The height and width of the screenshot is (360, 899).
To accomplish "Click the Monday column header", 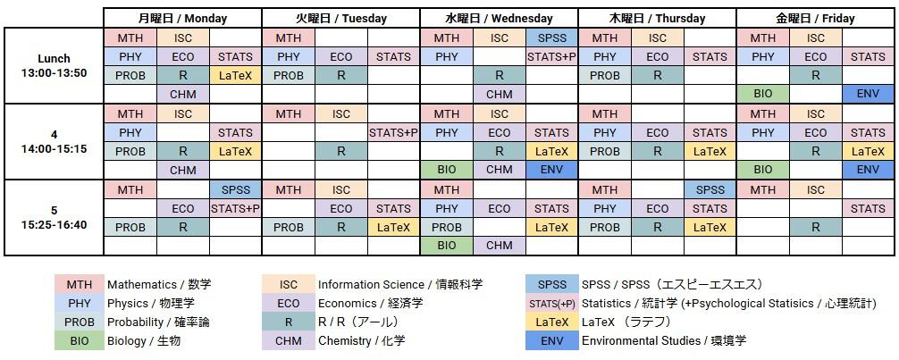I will pyautogui.click(x=182, y=18).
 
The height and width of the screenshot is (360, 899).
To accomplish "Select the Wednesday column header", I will pyautogui.click(x=499, y=18).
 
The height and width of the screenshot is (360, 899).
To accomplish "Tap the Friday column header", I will pyautogui.click(x=815, y=18).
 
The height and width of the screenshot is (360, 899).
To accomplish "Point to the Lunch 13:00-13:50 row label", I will pyautogui.click(x=54, y=65).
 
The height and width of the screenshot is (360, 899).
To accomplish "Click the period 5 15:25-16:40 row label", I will pyautogui.click(x=54, y=217).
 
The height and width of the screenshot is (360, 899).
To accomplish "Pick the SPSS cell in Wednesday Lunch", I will pyautogui.click(x=551, y=38).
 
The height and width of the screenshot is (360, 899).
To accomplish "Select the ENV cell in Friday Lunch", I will pyautogui.click(x=868, y=94).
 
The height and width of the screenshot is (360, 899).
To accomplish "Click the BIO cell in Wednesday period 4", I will pyautogui.click(x=446, y=170).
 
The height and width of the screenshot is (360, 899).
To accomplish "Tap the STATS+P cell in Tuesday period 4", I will pyautogui.click(x=393, y=133).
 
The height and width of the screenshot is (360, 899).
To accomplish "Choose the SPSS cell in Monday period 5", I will pyautogui.click(x=235, y=189).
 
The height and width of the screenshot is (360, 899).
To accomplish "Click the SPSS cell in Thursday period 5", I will pyautogui.click(x=710, y=189).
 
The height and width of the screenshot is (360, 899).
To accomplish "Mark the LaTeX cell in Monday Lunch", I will pyautogui.click(x=235, y=76).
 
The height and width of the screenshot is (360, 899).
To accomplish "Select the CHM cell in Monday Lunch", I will pyautogui.click(x=182, y=94).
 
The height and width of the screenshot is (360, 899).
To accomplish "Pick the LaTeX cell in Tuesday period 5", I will pyautogui.click(x=393, y=227).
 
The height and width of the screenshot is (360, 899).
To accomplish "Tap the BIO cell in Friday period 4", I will pyautogui.click(x=762, y=170).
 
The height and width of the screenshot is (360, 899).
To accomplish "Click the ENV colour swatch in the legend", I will pyautogui.click(x=552, y=340).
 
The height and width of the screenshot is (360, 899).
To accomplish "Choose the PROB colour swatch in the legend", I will pyautogui.click(x=79, y=322).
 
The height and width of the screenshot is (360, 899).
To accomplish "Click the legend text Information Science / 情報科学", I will pyautogui.click(x=399, y=285).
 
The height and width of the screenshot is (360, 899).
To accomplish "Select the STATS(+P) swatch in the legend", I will pyautogui.click(x=552, y=303).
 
